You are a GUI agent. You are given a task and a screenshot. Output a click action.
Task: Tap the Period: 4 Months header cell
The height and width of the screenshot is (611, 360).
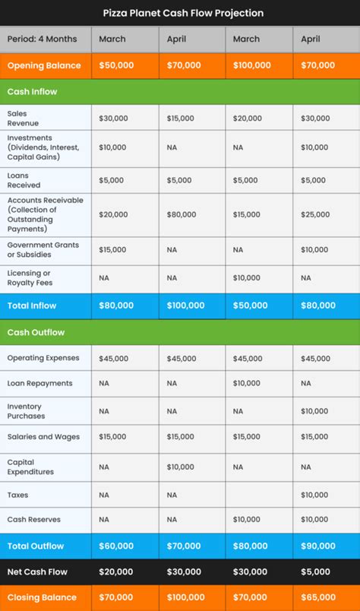coord(43,39)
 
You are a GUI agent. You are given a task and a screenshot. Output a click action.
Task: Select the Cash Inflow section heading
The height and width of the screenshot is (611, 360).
coord(32,91)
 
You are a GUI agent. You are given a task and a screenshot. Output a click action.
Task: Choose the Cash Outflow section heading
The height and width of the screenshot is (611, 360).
coord(36,332)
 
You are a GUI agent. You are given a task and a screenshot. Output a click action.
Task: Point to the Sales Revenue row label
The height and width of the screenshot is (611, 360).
coord(23,118)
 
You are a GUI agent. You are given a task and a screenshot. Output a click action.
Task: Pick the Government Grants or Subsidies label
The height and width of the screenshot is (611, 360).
coord(43,249)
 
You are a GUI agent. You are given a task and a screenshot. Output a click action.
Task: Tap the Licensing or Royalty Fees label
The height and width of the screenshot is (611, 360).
coord(29,278)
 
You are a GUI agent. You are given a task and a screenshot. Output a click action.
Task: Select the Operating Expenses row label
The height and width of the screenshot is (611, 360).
coord(43,358)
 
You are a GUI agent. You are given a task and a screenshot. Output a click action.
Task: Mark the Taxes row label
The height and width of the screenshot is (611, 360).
coord(17,495)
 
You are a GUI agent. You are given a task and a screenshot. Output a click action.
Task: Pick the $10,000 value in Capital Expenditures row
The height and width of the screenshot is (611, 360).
coord(182,467)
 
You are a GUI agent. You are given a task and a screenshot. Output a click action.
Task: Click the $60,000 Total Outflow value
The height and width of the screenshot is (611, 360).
coord(116,546)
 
